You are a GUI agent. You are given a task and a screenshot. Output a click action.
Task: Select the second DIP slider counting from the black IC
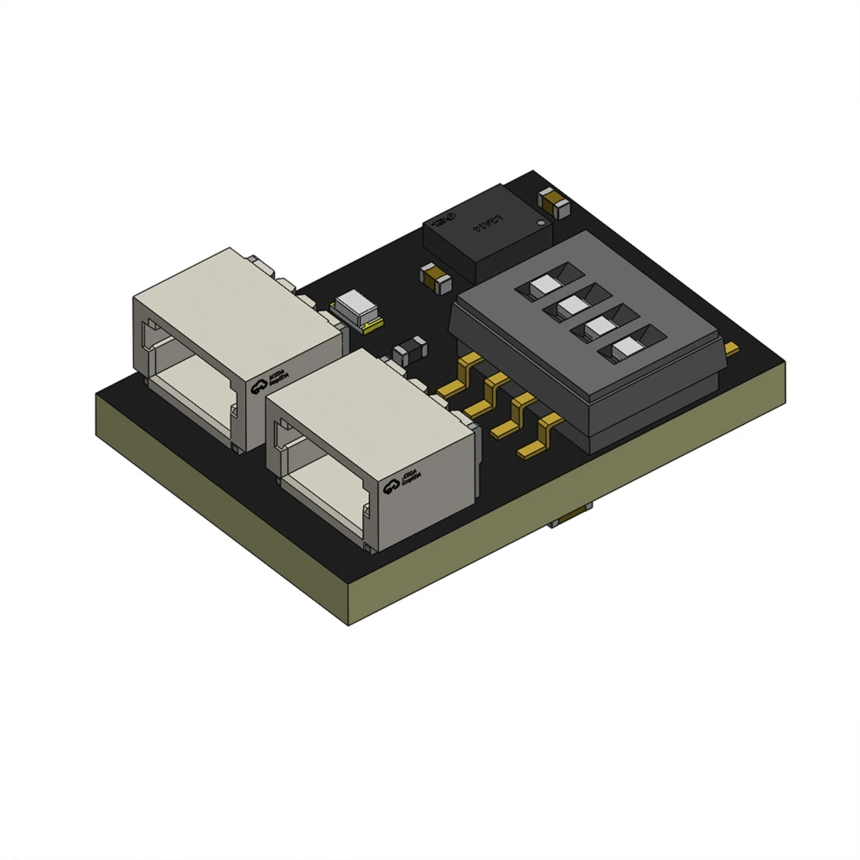[x=572, y=305]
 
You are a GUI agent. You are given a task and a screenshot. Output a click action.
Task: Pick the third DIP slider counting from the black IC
[x=599, y=327]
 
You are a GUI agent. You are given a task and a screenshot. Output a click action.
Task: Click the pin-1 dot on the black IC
[x=540, y=223]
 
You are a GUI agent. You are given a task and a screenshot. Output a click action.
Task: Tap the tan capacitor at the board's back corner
[x=551, y=202]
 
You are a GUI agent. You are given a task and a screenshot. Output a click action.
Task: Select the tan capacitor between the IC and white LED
[x=434, y=277]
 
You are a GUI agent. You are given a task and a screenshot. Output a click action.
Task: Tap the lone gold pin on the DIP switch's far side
[x=730, y=348]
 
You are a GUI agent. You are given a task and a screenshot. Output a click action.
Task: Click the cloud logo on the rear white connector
[x=259, y=388]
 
